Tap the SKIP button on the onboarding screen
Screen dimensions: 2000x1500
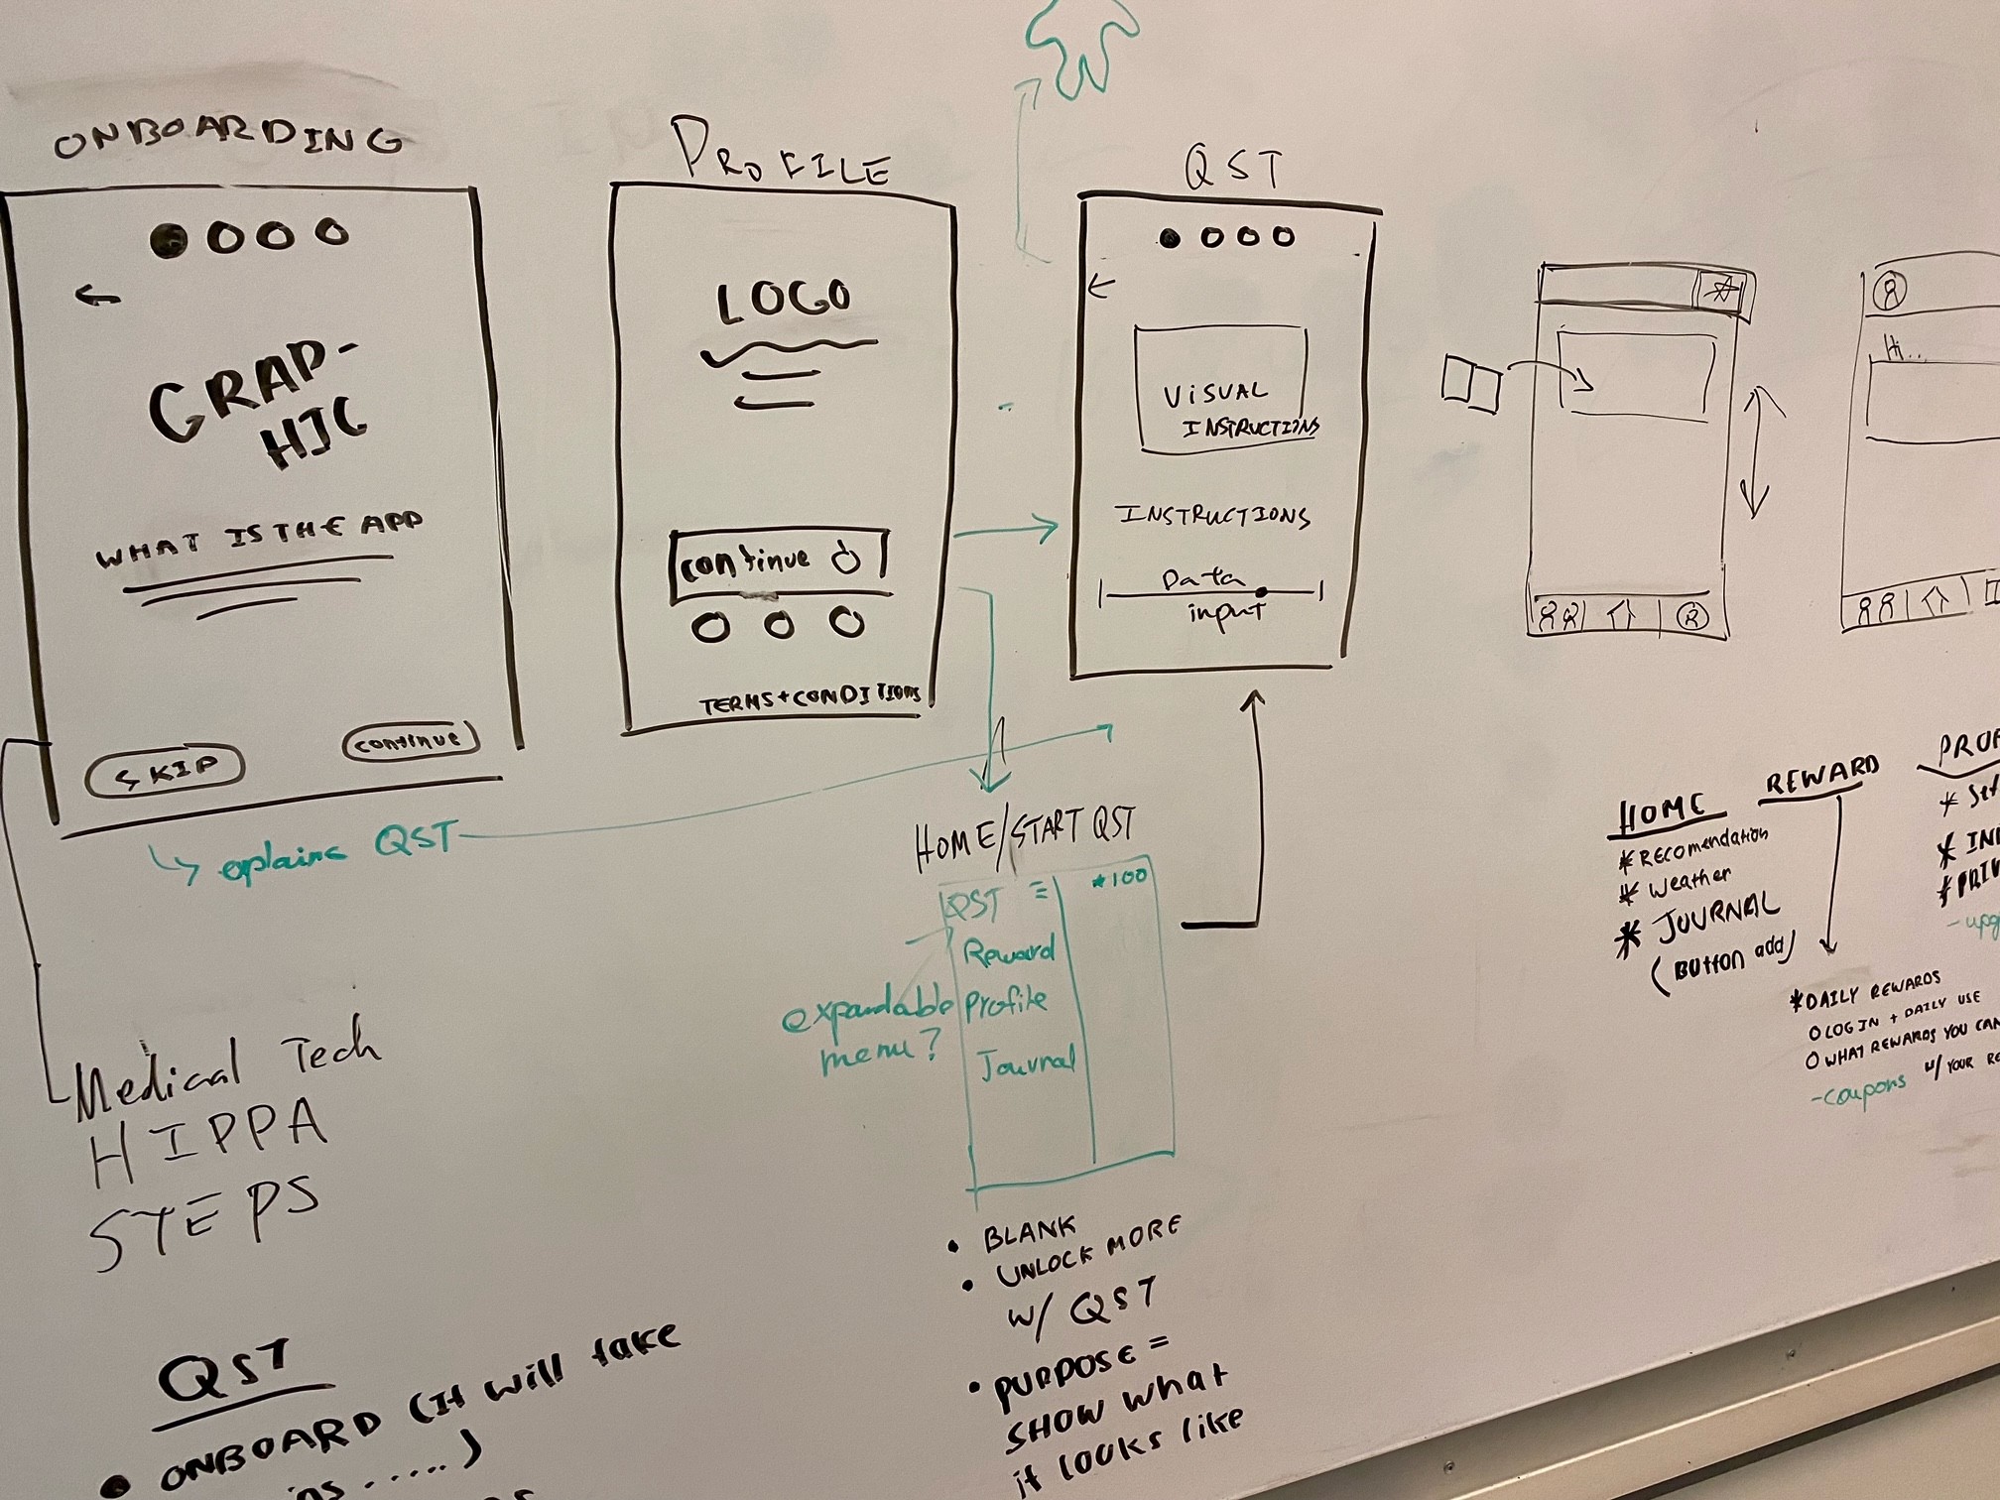point(165,771)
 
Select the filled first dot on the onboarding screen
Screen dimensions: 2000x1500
point(170,239)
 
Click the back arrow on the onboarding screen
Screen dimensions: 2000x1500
point(98,295)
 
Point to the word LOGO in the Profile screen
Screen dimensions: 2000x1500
point(783,301)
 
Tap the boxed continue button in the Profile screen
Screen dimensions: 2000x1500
point(779,564)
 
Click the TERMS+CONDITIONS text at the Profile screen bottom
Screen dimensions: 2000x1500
point(809,699)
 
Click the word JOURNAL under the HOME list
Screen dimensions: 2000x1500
point(1715,917)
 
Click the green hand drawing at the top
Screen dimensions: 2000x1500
point(1080,45)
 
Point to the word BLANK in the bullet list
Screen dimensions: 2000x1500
point(1029,1234)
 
